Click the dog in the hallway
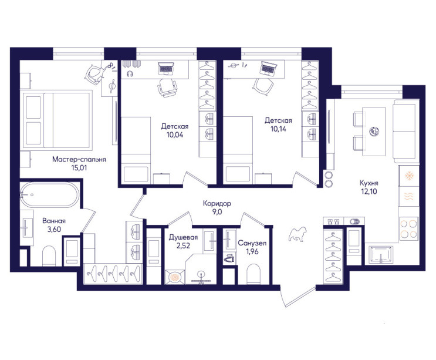coord(298,234)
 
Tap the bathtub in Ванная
coord(49,195)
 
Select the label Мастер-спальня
coord(79,160)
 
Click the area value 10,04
coord(175,135)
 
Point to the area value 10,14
coord(278,129)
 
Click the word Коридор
coord(217,204)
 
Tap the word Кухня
coord(369,183)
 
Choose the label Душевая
coord(183,237)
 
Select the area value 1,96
coord(252,251)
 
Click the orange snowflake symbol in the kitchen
coord(409,176)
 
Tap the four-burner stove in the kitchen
coord(408,228)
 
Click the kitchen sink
coord(381,255)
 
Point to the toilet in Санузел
coord(254,274)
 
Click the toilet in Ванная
coord(49,255)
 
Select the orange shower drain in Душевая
coord(175,277)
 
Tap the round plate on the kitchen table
coord(374,132)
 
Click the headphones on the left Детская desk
coord(130,74)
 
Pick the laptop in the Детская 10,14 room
coord(269,69)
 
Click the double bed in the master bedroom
coord(58,119)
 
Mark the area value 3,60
coord(54,230)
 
